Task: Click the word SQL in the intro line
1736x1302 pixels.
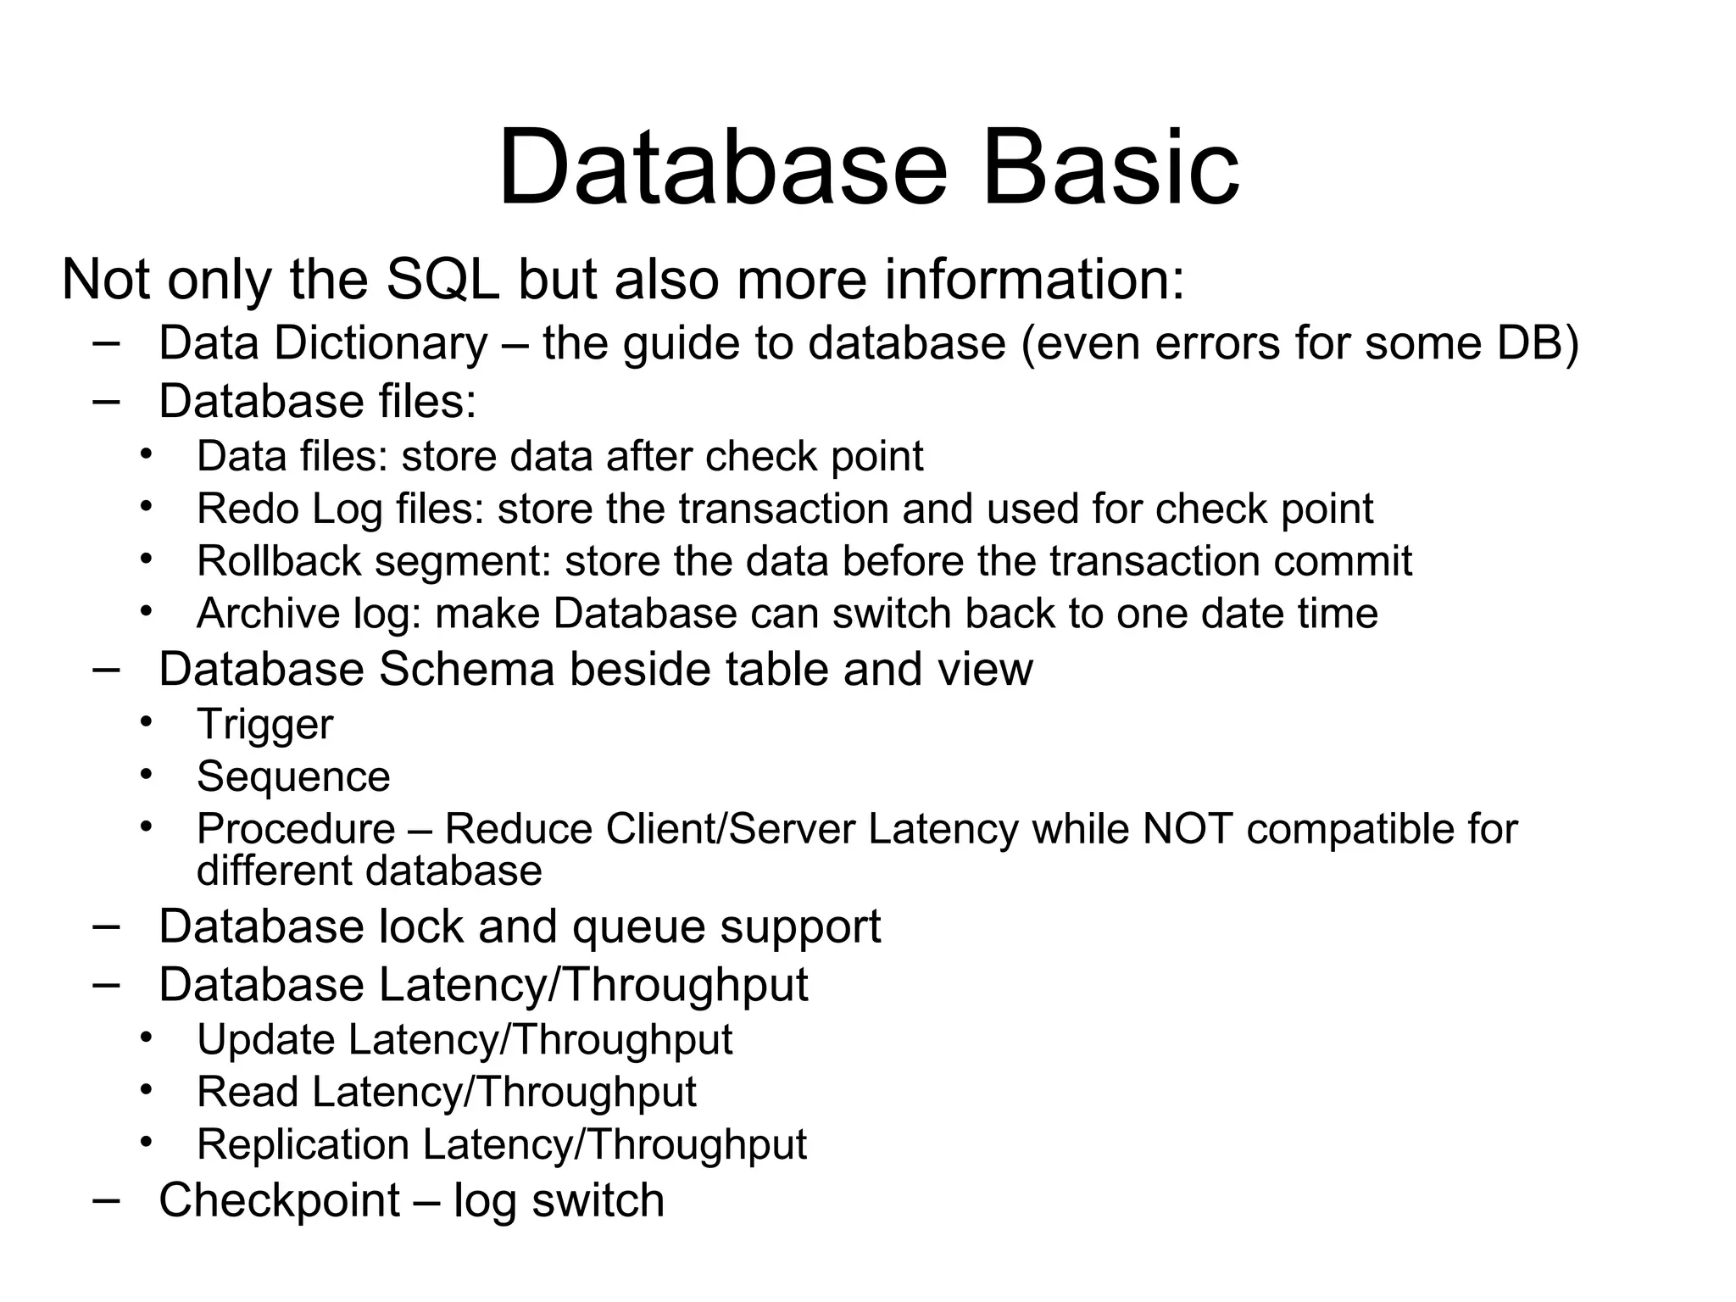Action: coord(442,280)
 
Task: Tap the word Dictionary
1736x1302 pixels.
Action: coord(381,343)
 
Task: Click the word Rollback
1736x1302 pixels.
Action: coord(278,561)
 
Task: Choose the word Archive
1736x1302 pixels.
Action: coord(268,613)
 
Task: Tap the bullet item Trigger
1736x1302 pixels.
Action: coord(264,726)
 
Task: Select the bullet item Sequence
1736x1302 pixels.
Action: coord(293,777)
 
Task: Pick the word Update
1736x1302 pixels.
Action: coord(265,1039)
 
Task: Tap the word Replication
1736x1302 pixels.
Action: coord(303,1144)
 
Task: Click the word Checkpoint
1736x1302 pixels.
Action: coord(279,1200)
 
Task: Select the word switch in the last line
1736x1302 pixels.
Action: coord(598,1200)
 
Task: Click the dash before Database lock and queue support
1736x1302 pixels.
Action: coord(105,926)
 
